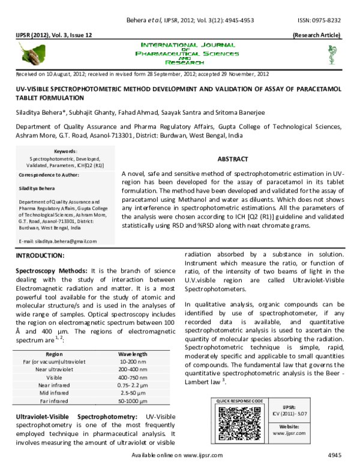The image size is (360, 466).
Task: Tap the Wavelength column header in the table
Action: (x=132, y=354)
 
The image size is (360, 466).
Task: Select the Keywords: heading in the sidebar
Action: (x=65, y=151)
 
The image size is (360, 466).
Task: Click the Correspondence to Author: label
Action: (x=49, y=174)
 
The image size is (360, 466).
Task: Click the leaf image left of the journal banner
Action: (x=32, y=58)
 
